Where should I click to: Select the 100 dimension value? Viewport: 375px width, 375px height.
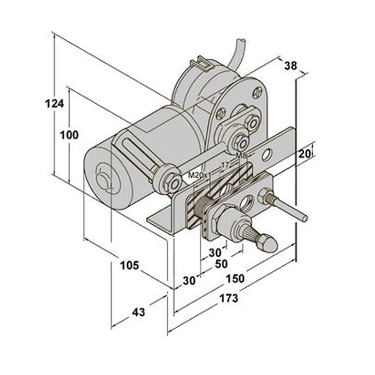point(69,135)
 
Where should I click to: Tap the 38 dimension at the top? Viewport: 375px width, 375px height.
point(290,66)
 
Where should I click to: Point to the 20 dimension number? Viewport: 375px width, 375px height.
point(305,153)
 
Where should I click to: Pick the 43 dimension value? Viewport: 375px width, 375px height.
point(138,312)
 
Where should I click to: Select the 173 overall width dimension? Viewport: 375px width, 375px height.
point(228,298)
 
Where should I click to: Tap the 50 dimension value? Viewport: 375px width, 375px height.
point(221,264)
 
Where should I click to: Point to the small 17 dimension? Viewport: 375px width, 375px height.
point(225,164)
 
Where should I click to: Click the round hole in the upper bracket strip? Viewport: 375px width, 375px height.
point(267,154)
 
